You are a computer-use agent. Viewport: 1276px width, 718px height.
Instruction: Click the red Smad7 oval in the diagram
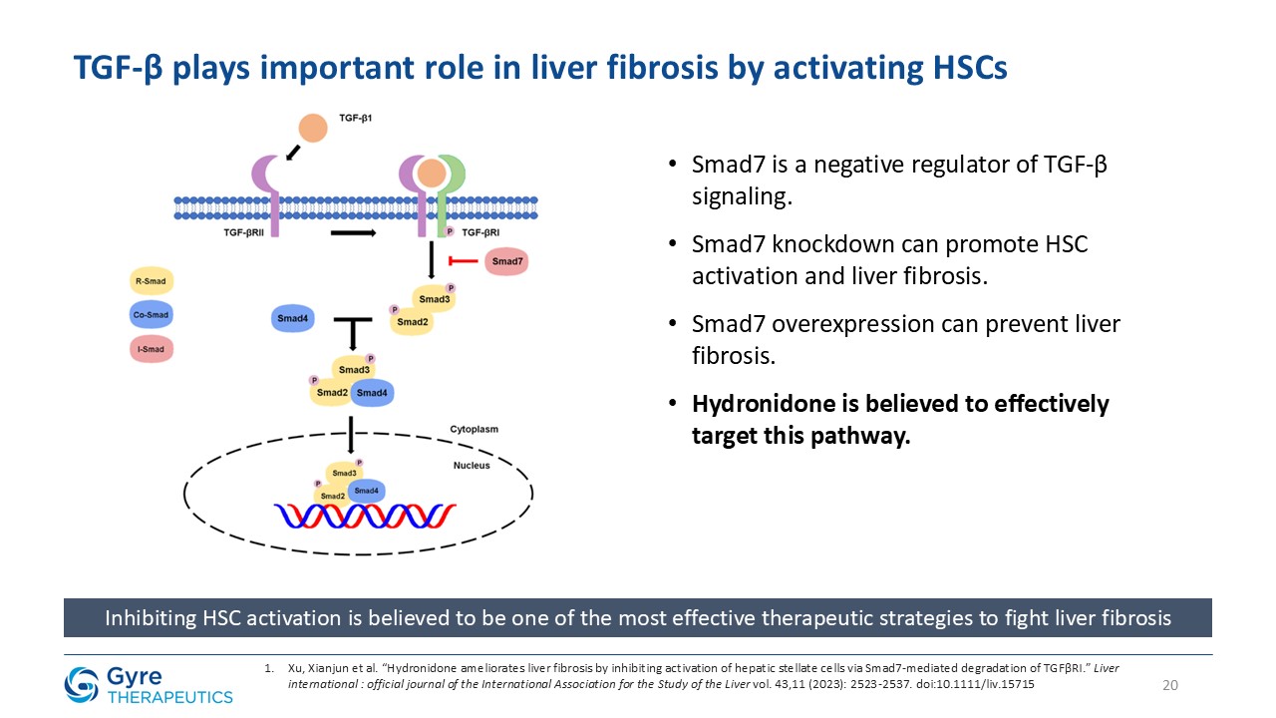[506, 261]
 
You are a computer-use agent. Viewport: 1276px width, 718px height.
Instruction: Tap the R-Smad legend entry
[151, 281]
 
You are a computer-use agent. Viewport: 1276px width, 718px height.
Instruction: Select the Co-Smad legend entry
[151, 314]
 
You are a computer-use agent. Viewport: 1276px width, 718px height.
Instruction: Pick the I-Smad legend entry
[151, 349]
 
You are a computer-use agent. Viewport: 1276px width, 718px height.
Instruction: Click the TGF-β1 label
[356, 118]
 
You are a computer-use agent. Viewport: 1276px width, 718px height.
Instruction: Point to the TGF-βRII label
[244, 232]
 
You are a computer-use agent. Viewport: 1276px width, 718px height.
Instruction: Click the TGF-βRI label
[480, 232]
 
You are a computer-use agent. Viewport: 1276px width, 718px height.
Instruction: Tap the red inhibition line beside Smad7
[464, 261]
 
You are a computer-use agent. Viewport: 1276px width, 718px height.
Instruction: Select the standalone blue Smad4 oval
[293, 318]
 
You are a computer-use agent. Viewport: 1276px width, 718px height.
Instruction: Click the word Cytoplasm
[474, 429]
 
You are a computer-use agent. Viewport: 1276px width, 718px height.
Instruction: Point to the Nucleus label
[472, 466]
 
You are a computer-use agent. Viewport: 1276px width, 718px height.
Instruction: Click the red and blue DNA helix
[365, 517]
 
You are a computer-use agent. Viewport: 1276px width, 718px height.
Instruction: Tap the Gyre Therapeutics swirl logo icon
[82, 685]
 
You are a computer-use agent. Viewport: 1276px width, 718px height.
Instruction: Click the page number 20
[1170, 685]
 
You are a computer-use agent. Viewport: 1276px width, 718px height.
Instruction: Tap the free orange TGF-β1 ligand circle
[313, 128]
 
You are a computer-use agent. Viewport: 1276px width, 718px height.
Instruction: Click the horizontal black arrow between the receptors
[353, 232]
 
